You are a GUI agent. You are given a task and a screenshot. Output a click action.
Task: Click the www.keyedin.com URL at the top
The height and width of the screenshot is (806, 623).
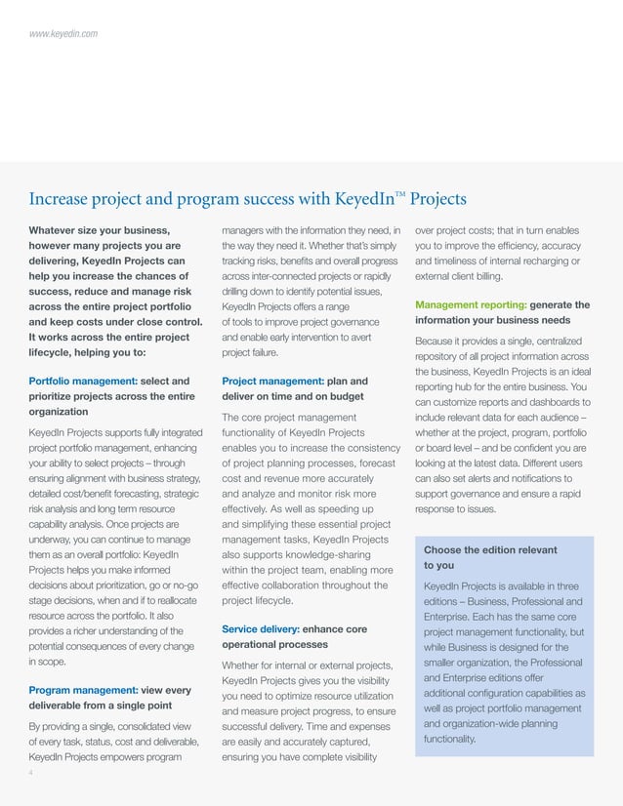(x=62, y=34)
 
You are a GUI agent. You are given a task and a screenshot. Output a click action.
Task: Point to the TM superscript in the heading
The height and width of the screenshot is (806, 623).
(x=399, y=193)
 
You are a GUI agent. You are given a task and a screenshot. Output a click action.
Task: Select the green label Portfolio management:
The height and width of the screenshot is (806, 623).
(x=82, y=381)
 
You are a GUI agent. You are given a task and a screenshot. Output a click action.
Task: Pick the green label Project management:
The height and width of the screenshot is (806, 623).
(x=270, y=381)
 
